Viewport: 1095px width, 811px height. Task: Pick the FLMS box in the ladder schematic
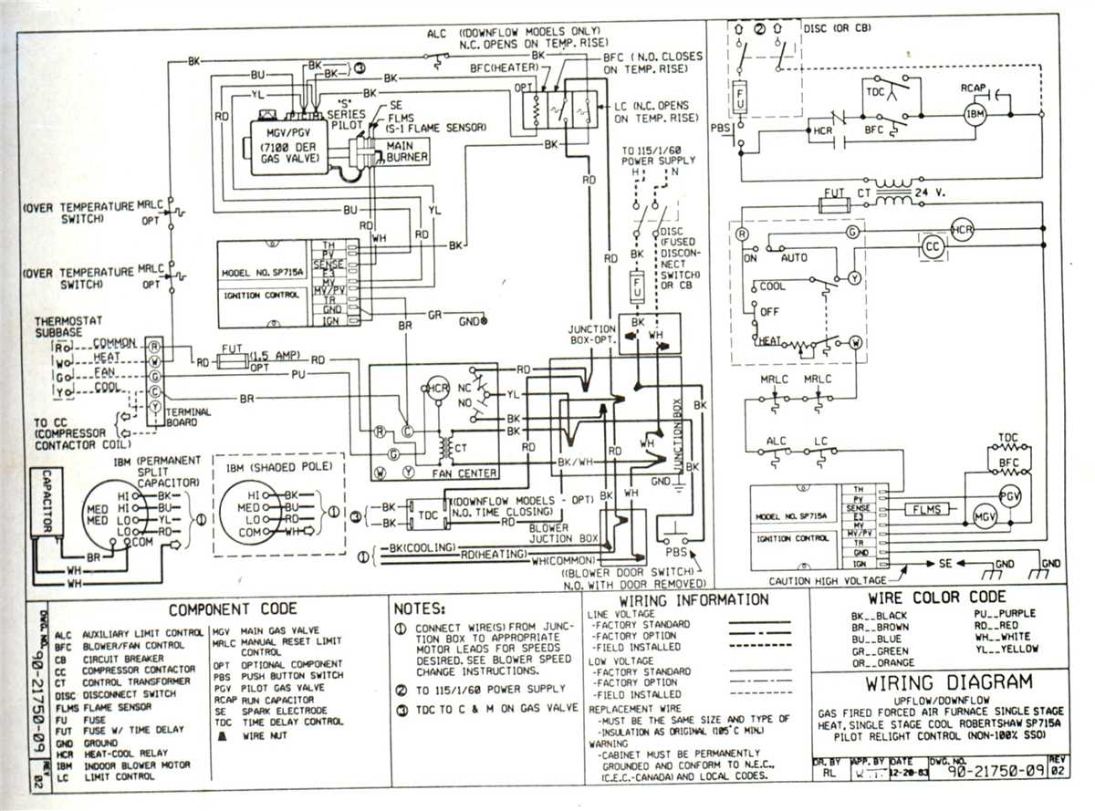[x=926, y=509]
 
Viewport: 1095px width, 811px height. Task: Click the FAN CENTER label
[x=465, y=473]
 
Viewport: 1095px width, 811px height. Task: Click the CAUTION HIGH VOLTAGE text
[x=827, y=580]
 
